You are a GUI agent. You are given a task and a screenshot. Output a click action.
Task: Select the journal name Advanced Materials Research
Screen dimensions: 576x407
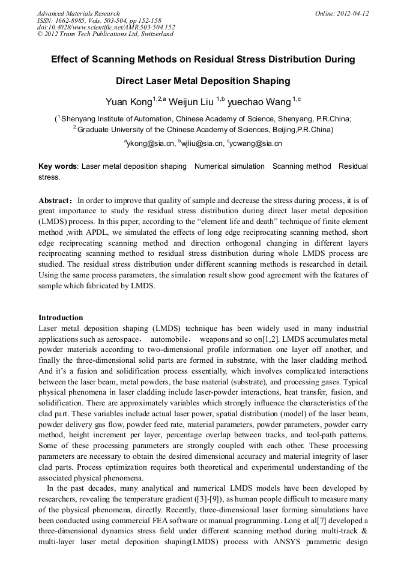[x=78, y=13]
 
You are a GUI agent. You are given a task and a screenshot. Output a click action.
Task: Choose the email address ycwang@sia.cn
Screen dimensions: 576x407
[x=255, y=144]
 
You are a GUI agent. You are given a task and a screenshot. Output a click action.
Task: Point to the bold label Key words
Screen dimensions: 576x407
[x=58, y=166]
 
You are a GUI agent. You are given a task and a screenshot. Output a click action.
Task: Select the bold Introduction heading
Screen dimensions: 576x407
[x=61, y=318]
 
